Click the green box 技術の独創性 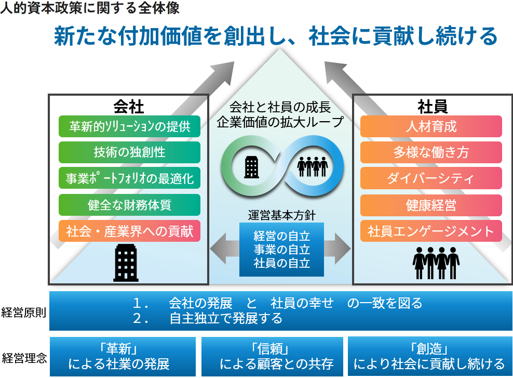tap(130, 152)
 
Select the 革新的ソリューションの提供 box tap(130, 126)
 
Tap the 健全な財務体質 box tap(130, 205)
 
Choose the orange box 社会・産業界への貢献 tap(130, 231)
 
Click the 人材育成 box tap(431, 126)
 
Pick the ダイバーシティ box tap(431, 178)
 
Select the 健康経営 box tap(431, 205)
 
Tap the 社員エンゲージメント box tap(431, 231)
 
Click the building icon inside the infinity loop tap(252, 167)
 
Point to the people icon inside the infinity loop tap(313, 166)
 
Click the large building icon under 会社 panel tap(126, 263)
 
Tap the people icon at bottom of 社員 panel tap(436, 263)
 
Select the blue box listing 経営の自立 tap(282, 250)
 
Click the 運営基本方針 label tap(282, 216)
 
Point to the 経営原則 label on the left tap(23, 312)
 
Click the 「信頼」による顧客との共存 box tap(272, 357)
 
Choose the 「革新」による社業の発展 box tap(123, 357)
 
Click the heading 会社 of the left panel tap(129, 107)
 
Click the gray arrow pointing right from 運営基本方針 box tap(337, 249)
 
